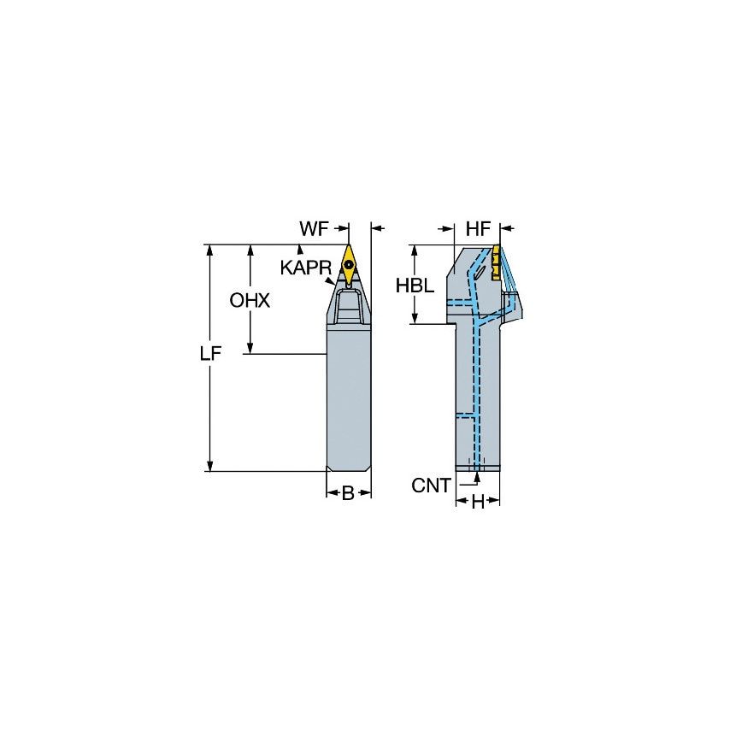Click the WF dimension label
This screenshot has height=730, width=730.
[313, 229]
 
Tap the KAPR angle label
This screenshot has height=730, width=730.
[305, 268]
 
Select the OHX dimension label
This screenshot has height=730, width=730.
[250, 301]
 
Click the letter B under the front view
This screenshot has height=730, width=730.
[348, 493]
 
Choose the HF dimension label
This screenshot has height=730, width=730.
[478, 229]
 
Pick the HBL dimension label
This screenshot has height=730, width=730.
[415, 286]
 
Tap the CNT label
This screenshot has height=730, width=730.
[431, 486]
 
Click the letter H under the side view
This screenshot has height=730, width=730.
[478, 503]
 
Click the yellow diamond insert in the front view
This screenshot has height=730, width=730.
[350, 261]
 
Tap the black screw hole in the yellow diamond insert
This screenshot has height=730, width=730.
[350, 264]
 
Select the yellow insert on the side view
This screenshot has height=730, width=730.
[495, 260]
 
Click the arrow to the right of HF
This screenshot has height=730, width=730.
[506, 229]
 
